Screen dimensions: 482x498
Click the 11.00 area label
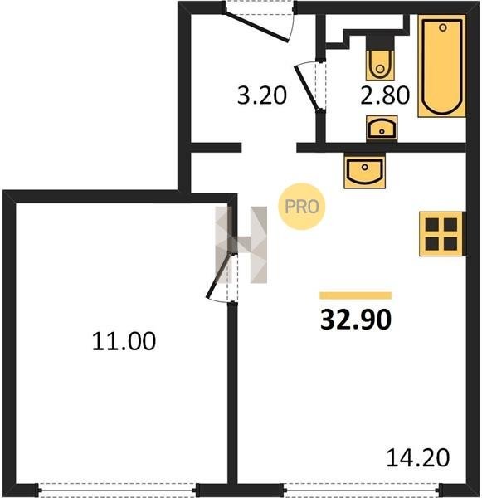(124, 341)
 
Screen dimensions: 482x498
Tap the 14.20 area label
(418, 457)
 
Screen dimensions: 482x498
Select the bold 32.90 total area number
(356, 320)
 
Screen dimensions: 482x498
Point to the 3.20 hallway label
(262, 95)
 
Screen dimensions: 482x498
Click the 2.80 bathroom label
(385, 95)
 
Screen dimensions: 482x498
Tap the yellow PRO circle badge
(302, 207)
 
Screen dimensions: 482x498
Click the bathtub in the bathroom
(441, 66)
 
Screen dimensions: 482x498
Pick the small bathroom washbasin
(382, 128)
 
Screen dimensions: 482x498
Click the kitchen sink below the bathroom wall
(364, 171)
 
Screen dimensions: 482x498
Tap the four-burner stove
(441, 234)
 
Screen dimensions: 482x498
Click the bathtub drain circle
(443, 27)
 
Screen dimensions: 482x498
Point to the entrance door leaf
(256, 27)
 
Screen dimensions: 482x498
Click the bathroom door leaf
(306, 88)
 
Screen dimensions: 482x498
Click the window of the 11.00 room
(117, 490)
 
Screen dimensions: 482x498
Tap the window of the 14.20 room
(363, 490)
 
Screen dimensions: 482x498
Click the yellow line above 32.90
(356, 295)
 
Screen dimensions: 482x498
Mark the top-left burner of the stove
(432, 225)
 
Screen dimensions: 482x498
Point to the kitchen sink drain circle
(365, 167)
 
